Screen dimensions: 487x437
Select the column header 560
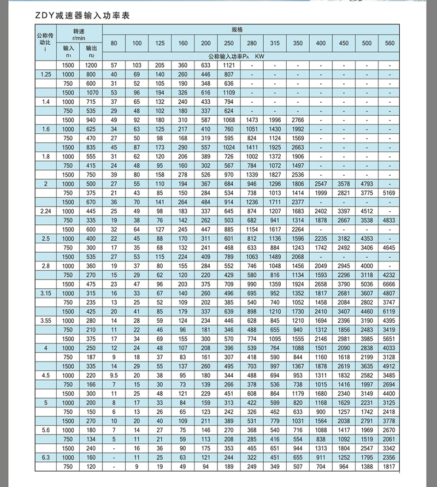click(389, 43)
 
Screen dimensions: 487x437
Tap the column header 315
click(275, 43)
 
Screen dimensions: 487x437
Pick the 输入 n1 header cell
click(68, 51)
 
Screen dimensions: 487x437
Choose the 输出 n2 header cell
click(91, 51)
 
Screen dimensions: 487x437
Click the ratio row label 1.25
click(45, 74)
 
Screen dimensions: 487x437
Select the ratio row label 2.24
click(45, 211)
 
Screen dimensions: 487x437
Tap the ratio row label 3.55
click(45, 319)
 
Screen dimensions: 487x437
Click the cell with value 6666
click(389, 284)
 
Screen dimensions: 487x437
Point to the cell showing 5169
click(389, 193)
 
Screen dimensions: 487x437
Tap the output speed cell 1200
click(91, 65)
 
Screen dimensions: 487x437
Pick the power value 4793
click(367, 183)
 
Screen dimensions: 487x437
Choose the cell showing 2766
click(298, 120)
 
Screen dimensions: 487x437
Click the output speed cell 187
click(91, 357)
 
